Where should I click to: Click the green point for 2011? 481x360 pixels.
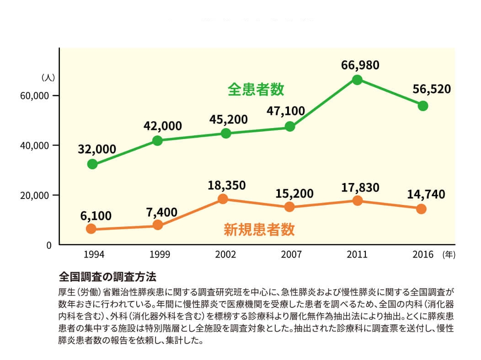(357, 80)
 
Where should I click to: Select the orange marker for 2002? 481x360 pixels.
(223, 199)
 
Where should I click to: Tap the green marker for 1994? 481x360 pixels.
(92, 164)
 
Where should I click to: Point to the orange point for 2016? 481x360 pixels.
(422, 209)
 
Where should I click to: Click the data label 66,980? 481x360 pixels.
(360, 65)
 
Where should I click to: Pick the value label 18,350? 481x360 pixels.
(227, 185)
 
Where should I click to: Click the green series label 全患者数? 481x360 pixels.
(256, 89)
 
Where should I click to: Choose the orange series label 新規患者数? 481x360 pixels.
(259, 229)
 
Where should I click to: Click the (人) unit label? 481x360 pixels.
(48, 77)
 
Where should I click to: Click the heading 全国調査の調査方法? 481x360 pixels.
(107, 277)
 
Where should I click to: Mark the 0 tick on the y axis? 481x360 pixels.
(48, 245)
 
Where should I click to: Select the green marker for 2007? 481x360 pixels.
(290, 127)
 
